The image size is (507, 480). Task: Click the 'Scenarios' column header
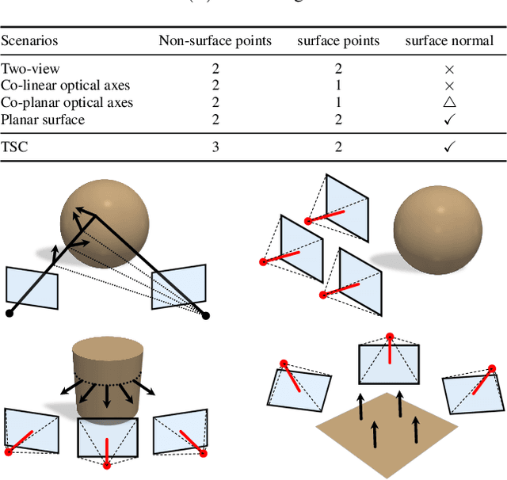click(x=29, y=40)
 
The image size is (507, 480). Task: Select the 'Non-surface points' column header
click(x=215, y=40)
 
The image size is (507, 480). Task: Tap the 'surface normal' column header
click(x=448, y=40)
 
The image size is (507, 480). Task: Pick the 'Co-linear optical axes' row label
click(x=65, y=86)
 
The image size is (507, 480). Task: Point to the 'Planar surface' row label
click(x=42, y=120)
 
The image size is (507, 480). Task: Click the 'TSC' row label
click(x=13, y=147)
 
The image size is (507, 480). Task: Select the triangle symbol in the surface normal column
click(x=449, y=102)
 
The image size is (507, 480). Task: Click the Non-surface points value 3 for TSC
click(x=215, y=147)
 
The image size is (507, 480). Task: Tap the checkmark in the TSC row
click(x=449, y=147)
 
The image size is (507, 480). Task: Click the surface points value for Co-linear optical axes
click(x=338, y=86)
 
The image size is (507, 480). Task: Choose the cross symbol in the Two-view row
click(x=449, y=70)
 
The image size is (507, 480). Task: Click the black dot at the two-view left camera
click(x=10, y=314)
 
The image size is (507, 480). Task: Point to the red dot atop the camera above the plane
click(x=389, y=337)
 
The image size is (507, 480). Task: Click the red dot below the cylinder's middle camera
click(x=106, y=467)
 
